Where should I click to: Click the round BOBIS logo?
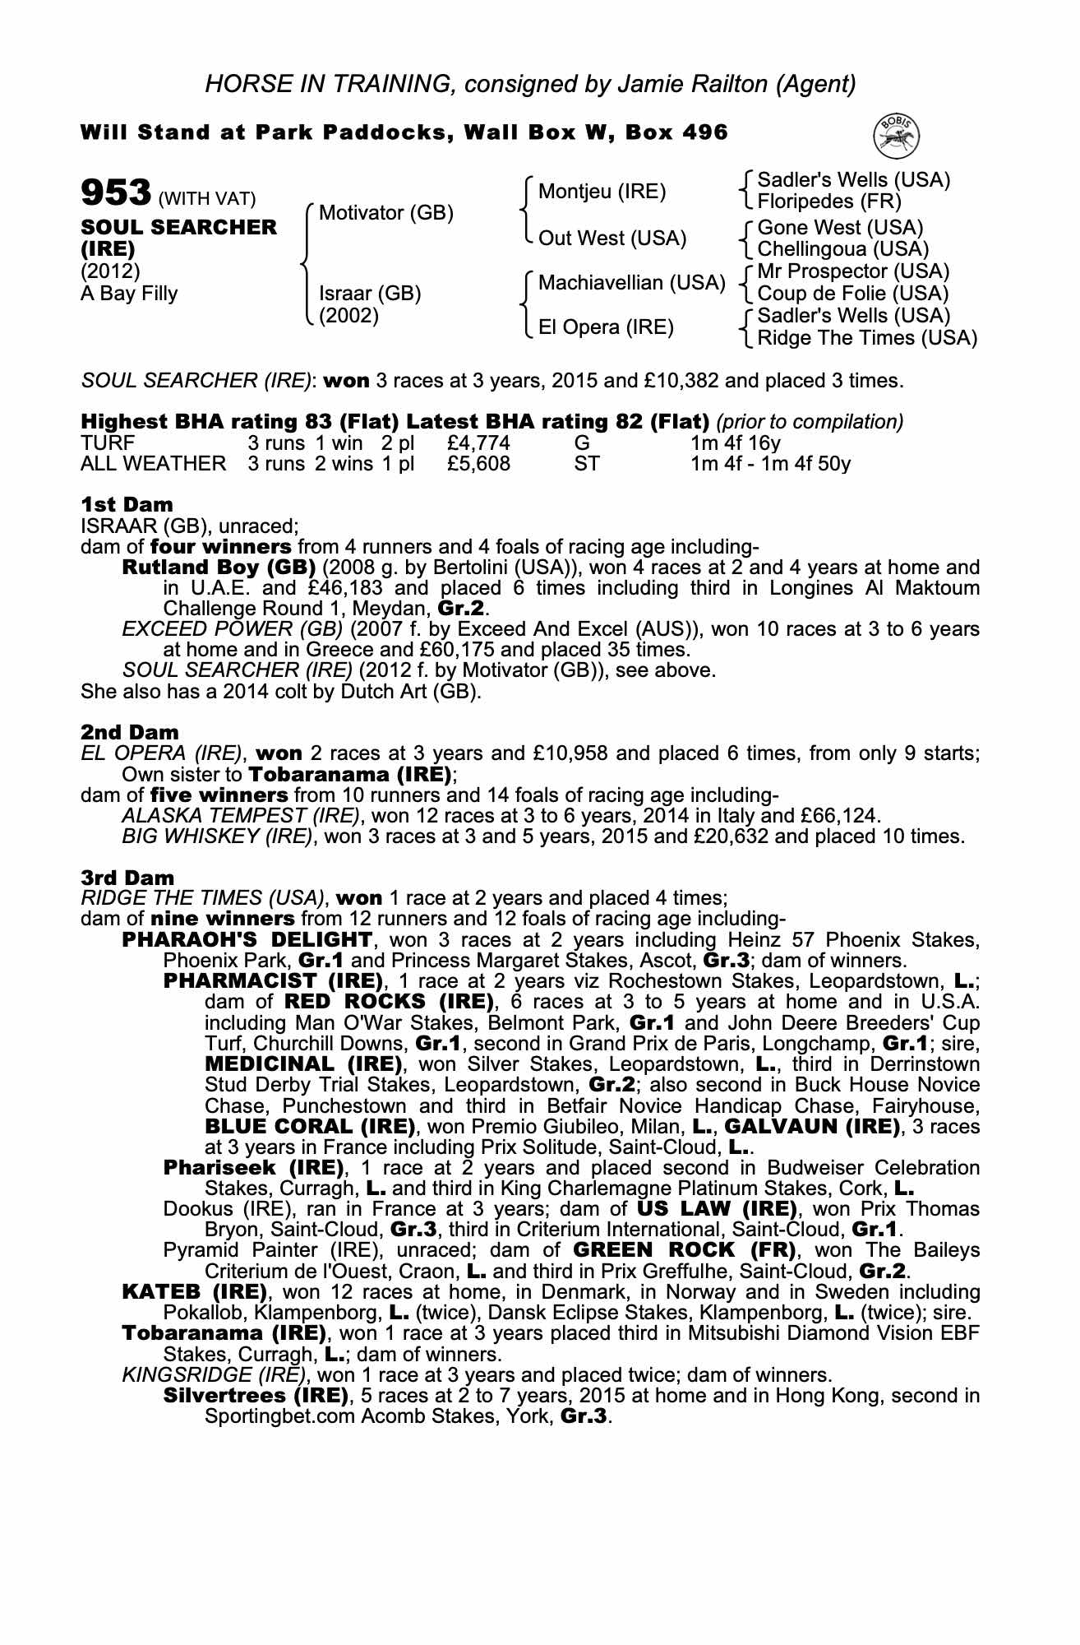point(897,136)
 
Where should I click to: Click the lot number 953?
point(116,194)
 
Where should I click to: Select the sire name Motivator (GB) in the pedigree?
point(385,214)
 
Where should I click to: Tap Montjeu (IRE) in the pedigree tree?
point(602,192)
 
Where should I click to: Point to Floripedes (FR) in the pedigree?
point(828,202)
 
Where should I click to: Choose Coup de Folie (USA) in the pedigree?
point(852,294)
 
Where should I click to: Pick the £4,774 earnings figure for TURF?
point(478,443)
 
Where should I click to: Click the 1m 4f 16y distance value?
point(736,443)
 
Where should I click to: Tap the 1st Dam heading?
point(127,504)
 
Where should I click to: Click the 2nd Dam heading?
point(129,732)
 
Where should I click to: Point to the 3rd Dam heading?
point(127,878)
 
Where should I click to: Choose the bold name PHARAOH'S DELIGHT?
point(247,939)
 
